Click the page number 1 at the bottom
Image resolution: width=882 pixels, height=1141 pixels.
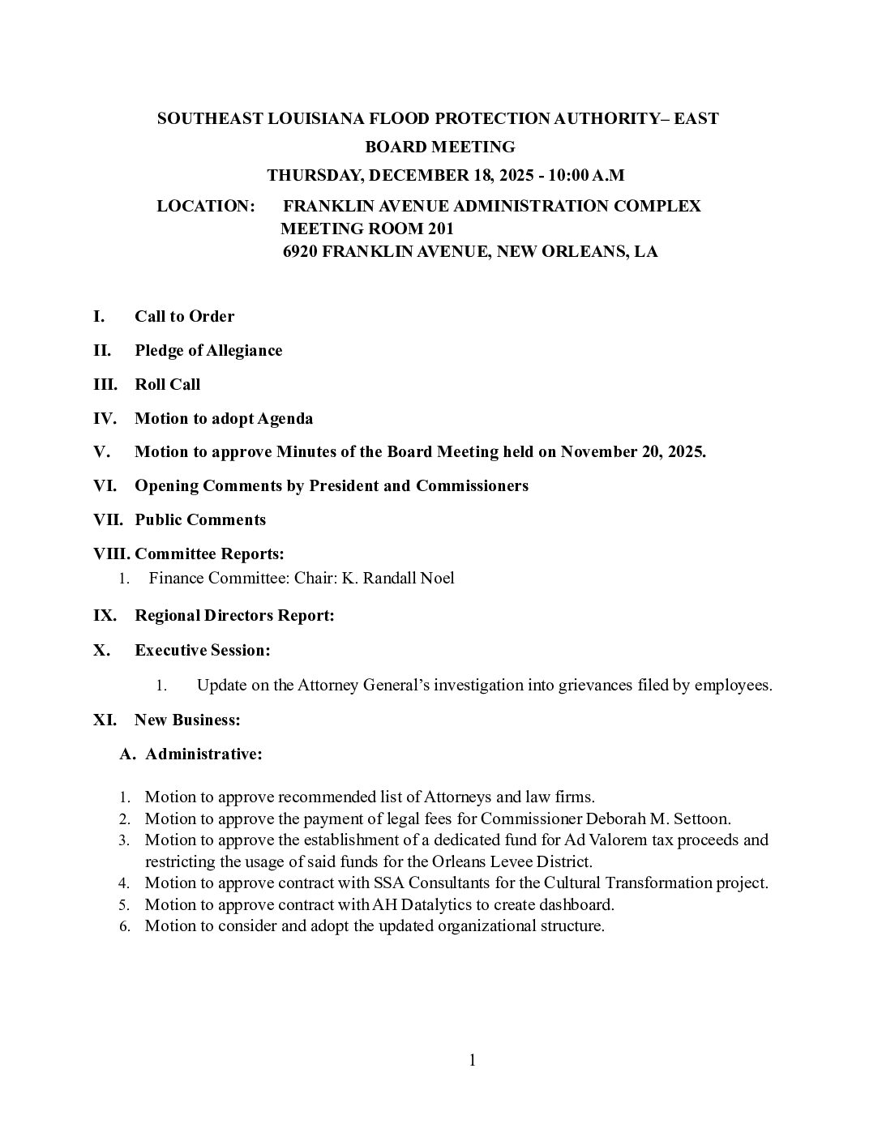[472, 1060]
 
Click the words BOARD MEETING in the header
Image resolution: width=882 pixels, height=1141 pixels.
[440, 147]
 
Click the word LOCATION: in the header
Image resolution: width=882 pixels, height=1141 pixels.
[206, 206]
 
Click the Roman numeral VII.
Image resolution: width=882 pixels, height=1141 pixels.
[108, 519]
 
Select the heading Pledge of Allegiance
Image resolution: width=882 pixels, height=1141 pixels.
[208, 350]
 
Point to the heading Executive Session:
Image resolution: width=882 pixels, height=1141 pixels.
[202, 650]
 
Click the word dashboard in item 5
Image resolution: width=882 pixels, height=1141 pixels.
[578, 904]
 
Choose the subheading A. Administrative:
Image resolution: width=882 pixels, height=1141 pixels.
[191, 754]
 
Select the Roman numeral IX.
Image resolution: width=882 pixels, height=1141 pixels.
[105, 615]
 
